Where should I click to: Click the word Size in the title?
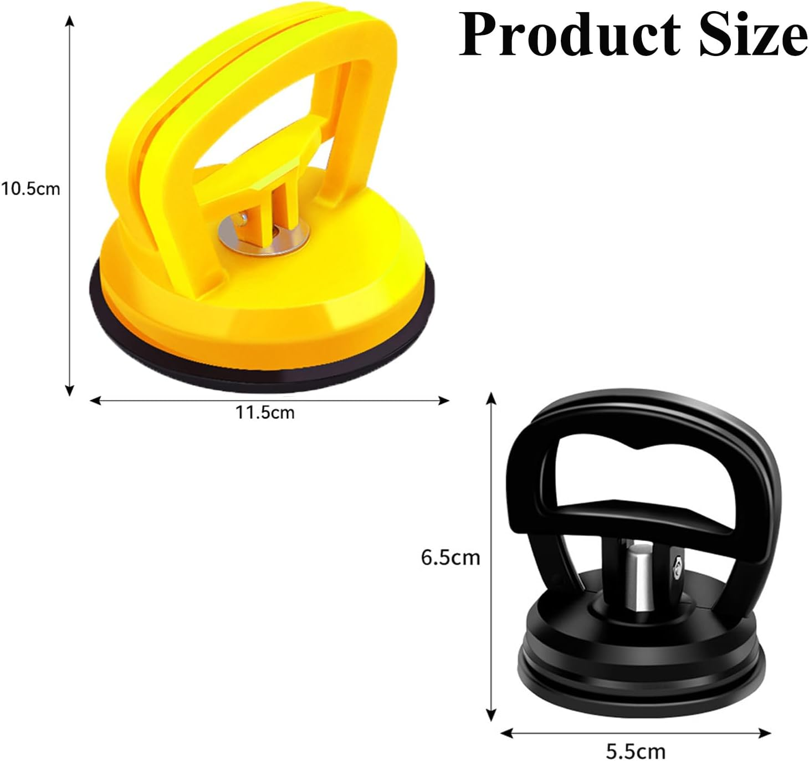tap(752, 34)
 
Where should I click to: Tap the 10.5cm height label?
tap(30, 188)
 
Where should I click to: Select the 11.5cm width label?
tap(265, 412)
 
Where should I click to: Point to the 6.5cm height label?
tap(450, 557)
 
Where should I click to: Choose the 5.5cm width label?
tap(636, 752)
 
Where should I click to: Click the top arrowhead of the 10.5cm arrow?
tap(69, 21)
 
